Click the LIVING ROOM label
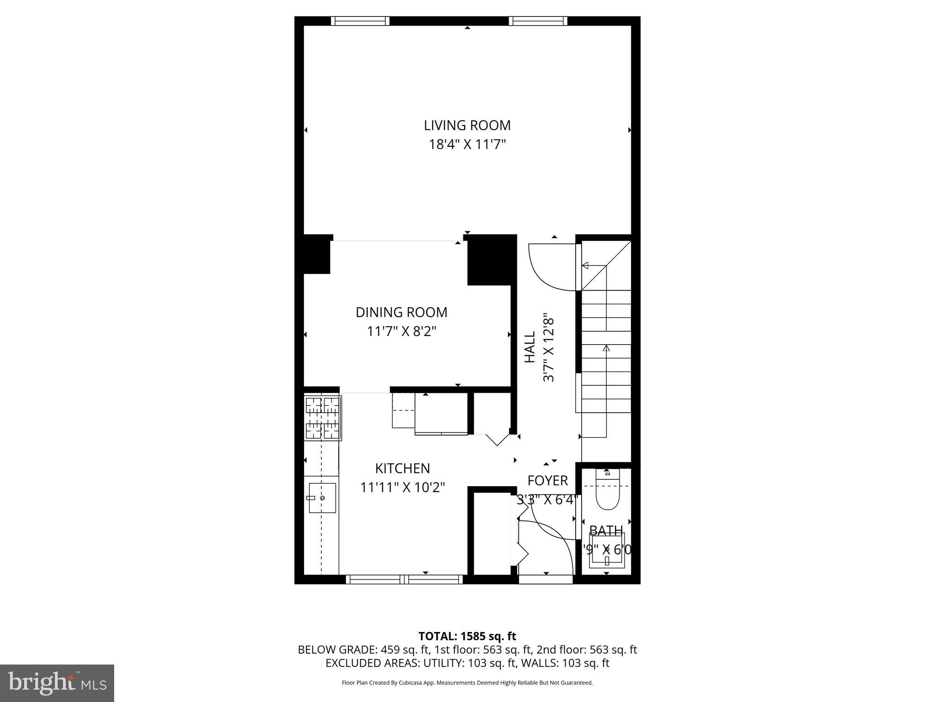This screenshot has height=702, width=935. pyautogui.click(x=467, y=125)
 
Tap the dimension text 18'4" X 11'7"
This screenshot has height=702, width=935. pyautogui.click(x=467, y=145)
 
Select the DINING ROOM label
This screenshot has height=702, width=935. pyautogui.click(x=401, y=312)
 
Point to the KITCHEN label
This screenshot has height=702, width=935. pyautogui.click(x=402, y=468)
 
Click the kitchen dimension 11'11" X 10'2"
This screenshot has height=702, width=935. pyautogui.click(x=402, y=488)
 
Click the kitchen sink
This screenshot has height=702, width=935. pyautogui.click(x=322, y=498)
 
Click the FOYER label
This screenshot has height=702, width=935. pyautogui.click(x=547, y=481)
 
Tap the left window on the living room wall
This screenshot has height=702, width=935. pyautogui.click(x=360, y=21)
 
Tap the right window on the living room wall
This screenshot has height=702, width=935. pyautogui.click(x=538, y=21)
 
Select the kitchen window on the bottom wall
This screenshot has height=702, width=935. pyautogui.click(x=404, y=580)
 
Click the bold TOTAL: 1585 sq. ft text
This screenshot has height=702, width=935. pyautogui.click(x=467, y=636)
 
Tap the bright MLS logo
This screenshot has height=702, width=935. pyautogui.click(x=57, y=683)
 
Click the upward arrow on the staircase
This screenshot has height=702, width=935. pyautogui.click(x=606, y=349)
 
